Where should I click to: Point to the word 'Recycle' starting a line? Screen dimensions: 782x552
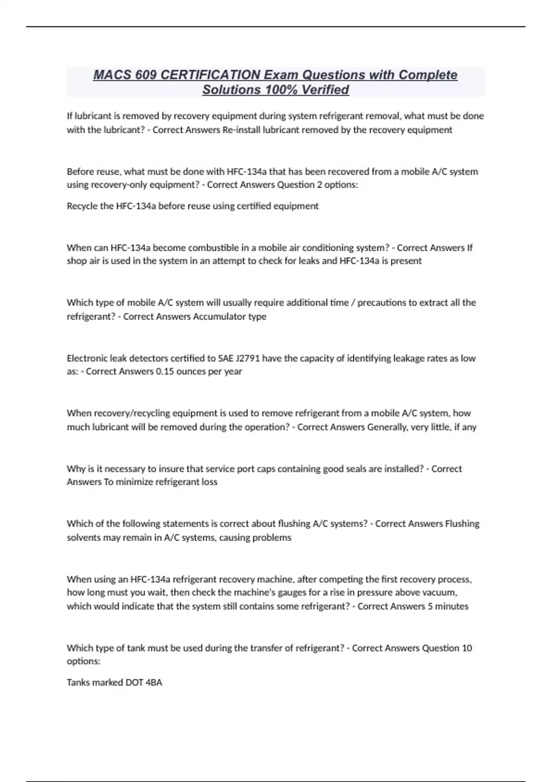click(81, 206)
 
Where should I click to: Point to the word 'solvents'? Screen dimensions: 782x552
click(83, 538)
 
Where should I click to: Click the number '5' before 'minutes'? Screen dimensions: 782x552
click(430, 606)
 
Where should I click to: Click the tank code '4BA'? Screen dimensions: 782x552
click(154, 683)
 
